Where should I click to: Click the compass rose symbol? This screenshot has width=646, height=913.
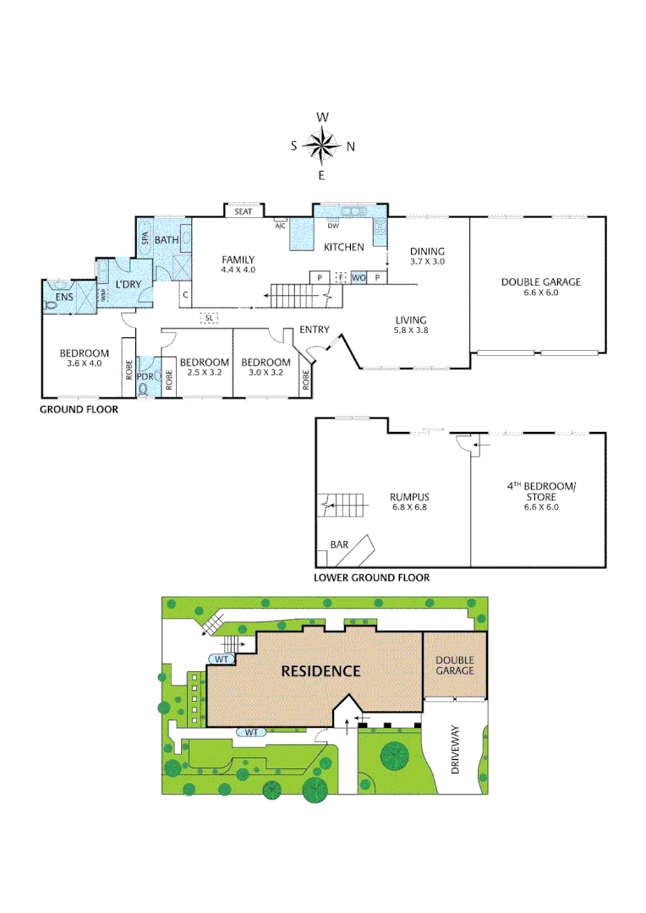pyautogui.click(x=322, y=145)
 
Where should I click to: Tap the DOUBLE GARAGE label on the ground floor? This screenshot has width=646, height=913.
pyautogui.click(x=540, y=282)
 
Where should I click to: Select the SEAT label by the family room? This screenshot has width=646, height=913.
pyautogui.click(x=244, y=211)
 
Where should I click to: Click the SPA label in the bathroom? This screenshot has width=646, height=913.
pyautogui.click(x=145, y=239)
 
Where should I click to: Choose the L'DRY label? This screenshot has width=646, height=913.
pyautogui.click(x=128, y=284)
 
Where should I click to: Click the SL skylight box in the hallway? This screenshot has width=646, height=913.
pyautogui.click(x=209, y=317)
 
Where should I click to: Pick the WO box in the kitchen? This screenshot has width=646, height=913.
pyautogui.click(x=359, y=277)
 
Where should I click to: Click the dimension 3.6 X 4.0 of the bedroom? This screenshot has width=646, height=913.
pyautogui.click(x=84, y=364)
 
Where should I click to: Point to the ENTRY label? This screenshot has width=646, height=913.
pyautogui.click(x=314, y=330)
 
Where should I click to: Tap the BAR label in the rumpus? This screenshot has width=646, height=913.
pyautogui.click(x=339, y=545)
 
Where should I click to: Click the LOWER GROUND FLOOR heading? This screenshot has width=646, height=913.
pyautogui.click(x=371, y=578)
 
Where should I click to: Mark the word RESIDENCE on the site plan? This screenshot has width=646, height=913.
pyautogui.click(x=320, y=671)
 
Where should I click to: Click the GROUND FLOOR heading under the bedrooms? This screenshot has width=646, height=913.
pyautogui.click(x=79, y=409)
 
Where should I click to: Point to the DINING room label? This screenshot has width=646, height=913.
pyautogui.click(x=427, y=251)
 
